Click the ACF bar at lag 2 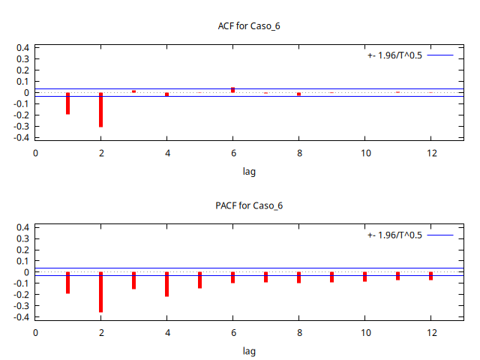pyautogui.click(x=100, y=109)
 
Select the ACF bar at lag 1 pyautogui.click(x=67, y=103)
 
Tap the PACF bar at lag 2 pyautogui.click(x=100, y=292)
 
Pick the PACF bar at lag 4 pyautogui.click(x=166, y=284)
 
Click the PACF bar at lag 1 pyautogui.click(x=67, y=283)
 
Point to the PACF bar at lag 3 pyautogui.click(x=133, y=280)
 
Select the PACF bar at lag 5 pyautogui.click(x=199, y=280)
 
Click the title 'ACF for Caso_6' pyautogui.click(x=248, y=26)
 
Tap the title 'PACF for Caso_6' pyautogui.click(x=248, y=205)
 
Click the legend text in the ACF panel pyautogui.click(x=394, y=55)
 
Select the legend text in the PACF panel pyautogui.click(x=394, y=235)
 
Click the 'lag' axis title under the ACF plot pyautogui.click(x=249, y=172)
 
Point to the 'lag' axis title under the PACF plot pyautogui.click(x=249, y=351)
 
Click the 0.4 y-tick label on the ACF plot pyautogui.click(x=22, y=47)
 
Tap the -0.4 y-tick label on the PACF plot pyautogui.click(x=21, y=317)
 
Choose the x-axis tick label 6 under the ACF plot pyautogui.click(x=232, y=153)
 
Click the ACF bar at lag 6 pyautogui.click(x=232, y=90)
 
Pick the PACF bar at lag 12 pyautogui.click(x=430, y=276)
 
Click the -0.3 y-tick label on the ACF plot pyautogui.click(x=21, y=127)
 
